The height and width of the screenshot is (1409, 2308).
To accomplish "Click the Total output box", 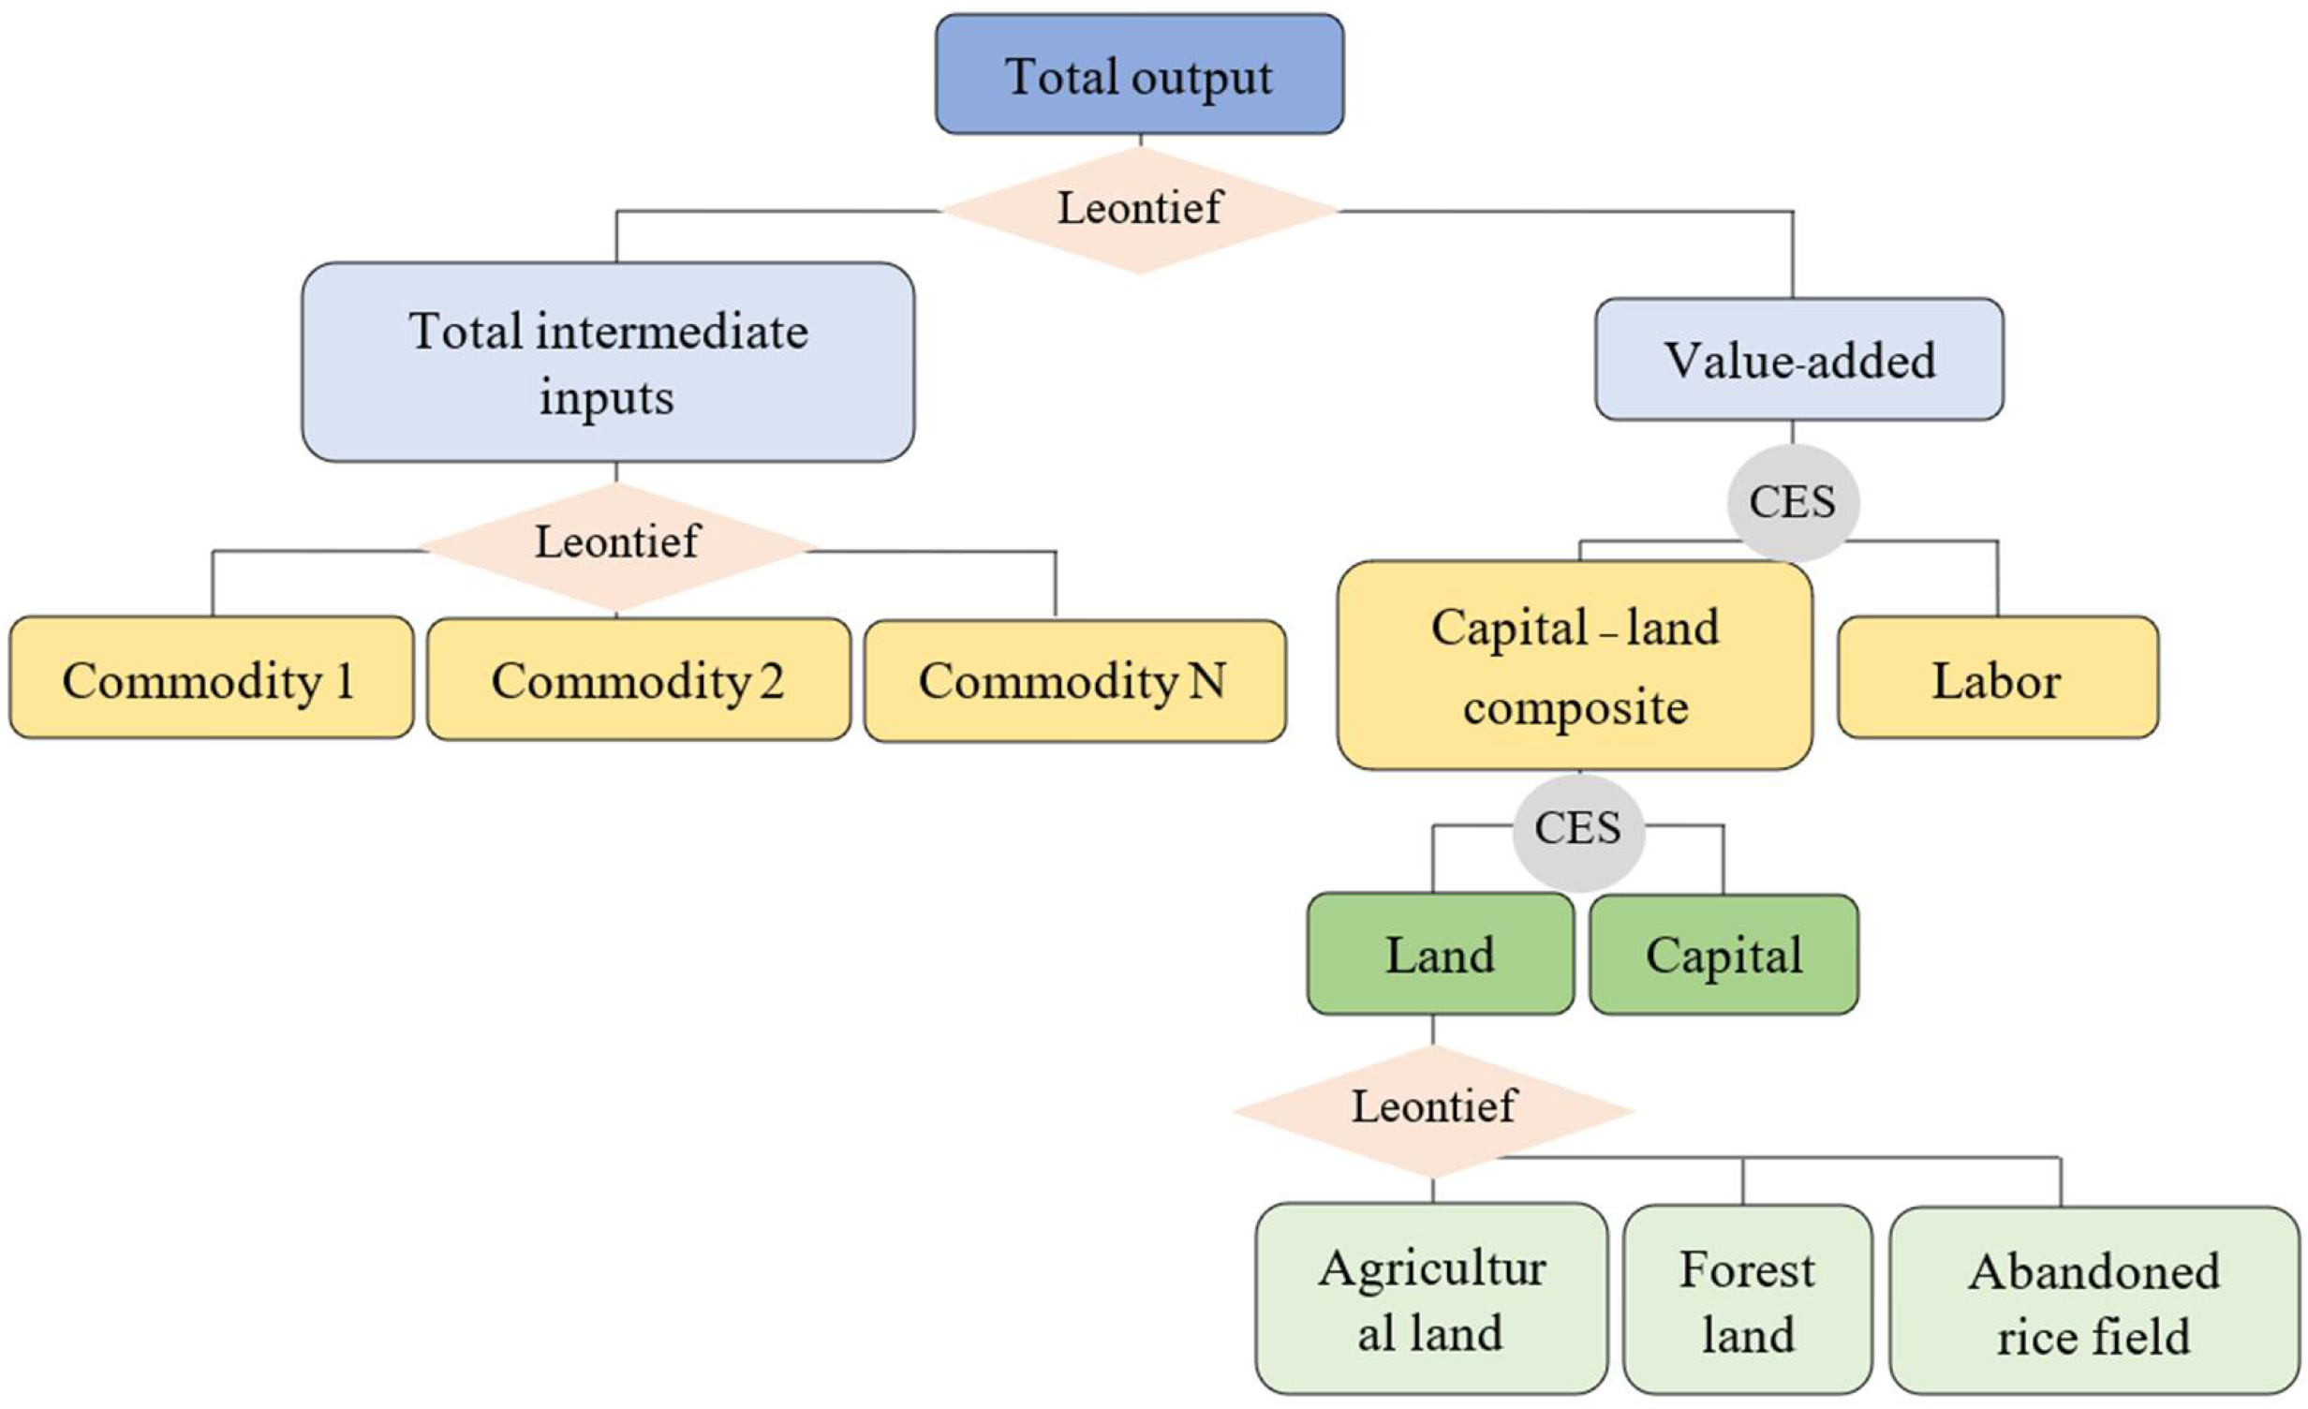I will (x=1139, y=74).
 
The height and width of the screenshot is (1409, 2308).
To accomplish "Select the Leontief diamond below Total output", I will (x=1139, y=209).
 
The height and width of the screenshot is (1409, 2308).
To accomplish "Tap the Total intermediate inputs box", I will (x=608, y=363).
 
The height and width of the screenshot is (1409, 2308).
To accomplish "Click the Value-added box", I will (x=1798, y=360).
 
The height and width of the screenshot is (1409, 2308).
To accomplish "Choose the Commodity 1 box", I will (x=211, y=678).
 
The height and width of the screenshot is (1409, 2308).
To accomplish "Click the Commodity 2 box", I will (x=638, y=679).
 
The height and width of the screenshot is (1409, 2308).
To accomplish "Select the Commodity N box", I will (x=1074, y=681).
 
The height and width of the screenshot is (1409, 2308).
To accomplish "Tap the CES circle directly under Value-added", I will (x=1792, y=502).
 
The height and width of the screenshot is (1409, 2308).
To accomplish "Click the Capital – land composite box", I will (x=1575, y=666).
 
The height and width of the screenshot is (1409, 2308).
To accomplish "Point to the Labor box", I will (x=1997, y=678).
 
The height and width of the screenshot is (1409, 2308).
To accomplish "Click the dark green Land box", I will (x=1440, y=955).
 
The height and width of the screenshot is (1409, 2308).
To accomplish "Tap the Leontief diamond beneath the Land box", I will (x=1433, y=1109).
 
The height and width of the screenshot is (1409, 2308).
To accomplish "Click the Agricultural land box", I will (x=1431, y=1299).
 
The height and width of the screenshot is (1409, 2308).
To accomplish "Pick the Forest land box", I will (x=1747, y=1300).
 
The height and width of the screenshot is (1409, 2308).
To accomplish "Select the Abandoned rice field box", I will (x=2093, y=1301).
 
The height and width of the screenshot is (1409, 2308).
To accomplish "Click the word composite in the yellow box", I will (x=1576, y=706).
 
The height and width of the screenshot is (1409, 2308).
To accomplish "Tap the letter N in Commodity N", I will (x=1207, y=680).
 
